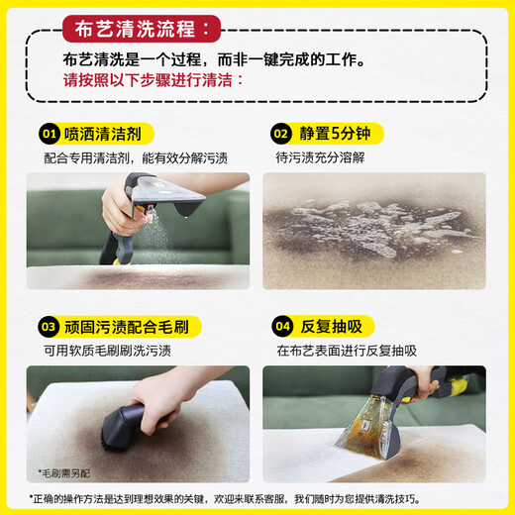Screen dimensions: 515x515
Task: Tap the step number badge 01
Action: click(x=47, y=133)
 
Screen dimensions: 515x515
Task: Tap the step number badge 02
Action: click(x=281, y=133)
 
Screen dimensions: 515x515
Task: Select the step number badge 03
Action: click(x=47, y=326)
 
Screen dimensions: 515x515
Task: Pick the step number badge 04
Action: click(x=281, y=326)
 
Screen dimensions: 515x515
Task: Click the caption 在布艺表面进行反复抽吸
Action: click(x=347, y=351)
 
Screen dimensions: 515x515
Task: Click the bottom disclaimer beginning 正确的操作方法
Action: click(x=257, y=497)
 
